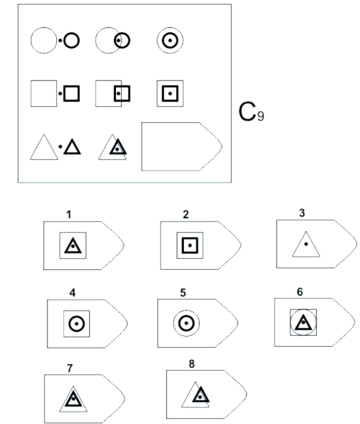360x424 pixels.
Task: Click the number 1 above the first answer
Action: pos(69,214)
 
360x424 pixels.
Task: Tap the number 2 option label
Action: pos(186,214)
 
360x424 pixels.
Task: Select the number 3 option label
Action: pos(302,213)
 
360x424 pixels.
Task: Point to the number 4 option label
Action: pos(73,292)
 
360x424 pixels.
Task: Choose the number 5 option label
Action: pos(183,292)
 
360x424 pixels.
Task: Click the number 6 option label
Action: pos(300,292)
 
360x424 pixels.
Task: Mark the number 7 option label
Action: pos(70,368)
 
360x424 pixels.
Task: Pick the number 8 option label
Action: pos(192,364)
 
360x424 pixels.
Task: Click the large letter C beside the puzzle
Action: pos(247,112)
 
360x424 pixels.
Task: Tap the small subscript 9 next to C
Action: pos(261,117)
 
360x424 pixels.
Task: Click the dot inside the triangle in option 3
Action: pos(306,244)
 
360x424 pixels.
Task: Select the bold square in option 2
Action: pos(190,238)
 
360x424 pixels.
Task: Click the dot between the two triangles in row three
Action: pos(60,147)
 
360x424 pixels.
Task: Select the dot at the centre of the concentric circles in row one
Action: pos(170,41)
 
